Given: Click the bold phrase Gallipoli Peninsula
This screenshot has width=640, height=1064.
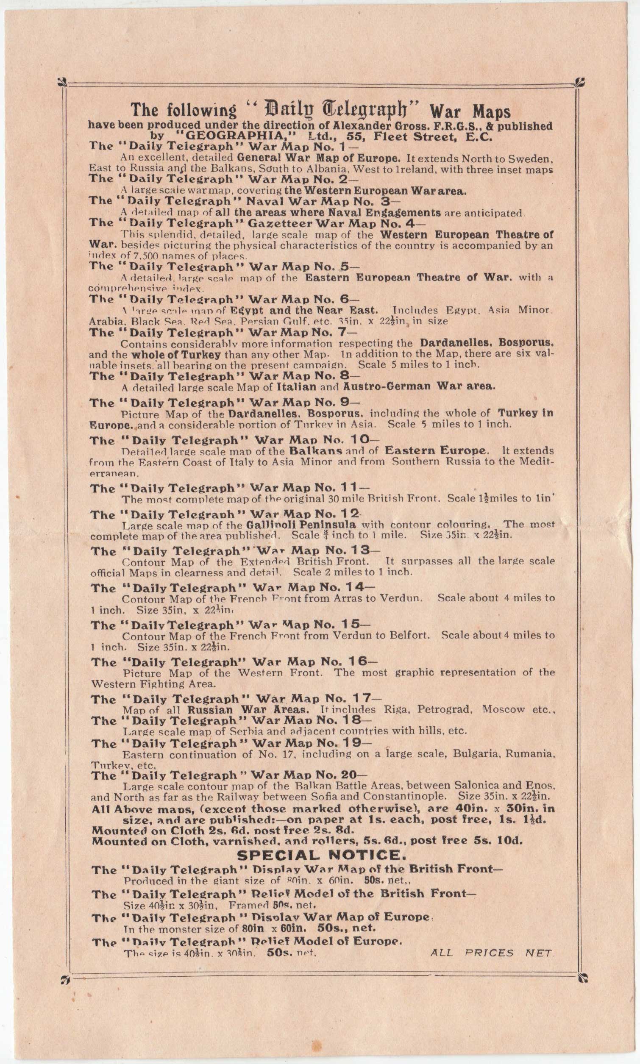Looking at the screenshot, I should click(301, 525).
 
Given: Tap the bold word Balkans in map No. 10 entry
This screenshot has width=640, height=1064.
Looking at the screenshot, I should click(316, 451).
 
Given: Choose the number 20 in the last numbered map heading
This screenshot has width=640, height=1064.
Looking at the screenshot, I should click(348, 775).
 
